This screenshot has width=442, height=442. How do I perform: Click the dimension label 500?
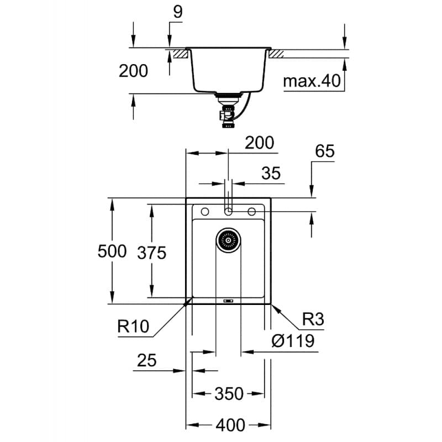(x=112, y=252)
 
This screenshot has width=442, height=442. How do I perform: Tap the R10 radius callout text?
(x=133, y=327)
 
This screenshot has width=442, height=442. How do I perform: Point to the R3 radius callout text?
(x=313, y=319)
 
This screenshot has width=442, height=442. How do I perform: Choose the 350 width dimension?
(x=229, y=393)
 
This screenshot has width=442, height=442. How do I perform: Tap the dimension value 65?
(x=325, y=151)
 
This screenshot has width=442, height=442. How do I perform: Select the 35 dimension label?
(x=271, y=173)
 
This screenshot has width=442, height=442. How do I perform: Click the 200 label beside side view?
(x=133, y=71)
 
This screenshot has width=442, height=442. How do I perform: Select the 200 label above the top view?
(x=260, y=143)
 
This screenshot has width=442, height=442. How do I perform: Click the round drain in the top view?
(x=228, y=240)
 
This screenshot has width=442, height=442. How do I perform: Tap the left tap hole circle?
(x=204, y=212)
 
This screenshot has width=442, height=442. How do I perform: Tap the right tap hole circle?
(x=252, y=212)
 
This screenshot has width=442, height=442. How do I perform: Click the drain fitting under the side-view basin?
(x=227, y=108)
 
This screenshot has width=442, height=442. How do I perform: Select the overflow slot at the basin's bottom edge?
(x=228, y=301)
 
